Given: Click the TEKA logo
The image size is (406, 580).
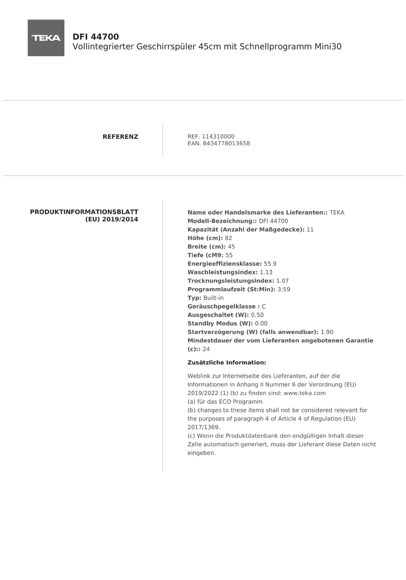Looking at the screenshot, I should click(46, 38).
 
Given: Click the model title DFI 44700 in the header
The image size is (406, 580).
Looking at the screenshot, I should click(96, 37).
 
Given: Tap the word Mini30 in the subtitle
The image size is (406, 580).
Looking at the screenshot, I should click(328, 47).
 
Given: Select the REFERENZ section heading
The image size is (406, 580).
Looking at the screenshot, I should click(120, 137).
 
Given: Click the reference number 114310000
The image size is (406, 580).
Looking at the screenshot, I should click(218, 136).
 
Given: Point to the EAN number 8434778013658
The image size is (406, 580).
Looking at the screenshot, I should click(226, 143).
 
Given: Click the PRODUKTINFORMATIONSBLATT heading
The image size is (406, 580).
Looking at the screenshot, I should click(84, 212).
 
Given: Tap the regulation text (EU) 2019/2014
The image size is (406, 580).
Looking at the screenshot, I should click(112, 219).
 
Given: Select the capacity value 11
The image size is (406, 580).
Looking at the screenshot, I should click(310, 230).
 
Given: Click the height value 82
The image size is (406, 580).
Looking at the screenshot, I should click(228, 238).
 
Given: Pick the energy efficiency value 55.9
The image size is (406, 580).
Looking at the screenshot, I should click(270, 264).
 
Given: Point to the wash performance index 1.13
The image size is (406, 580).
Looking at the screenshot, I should click(266, 272).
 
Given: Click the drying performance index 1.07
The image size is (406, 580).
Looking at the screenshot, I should click(283, 281).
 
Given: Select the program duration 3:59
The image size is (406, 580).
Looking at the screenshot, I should click(284, 290).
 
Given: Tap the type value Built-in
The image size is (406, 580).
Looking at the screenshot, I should click(213, 298).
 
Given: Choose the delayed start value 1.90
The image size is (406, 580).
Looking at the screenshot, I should click(327, 332).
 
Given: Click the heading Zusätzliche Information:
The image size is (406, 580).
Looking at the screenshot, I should click(227, 363).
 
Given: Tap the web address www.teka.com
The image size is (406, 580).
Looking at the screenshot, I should click(305, 393).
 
